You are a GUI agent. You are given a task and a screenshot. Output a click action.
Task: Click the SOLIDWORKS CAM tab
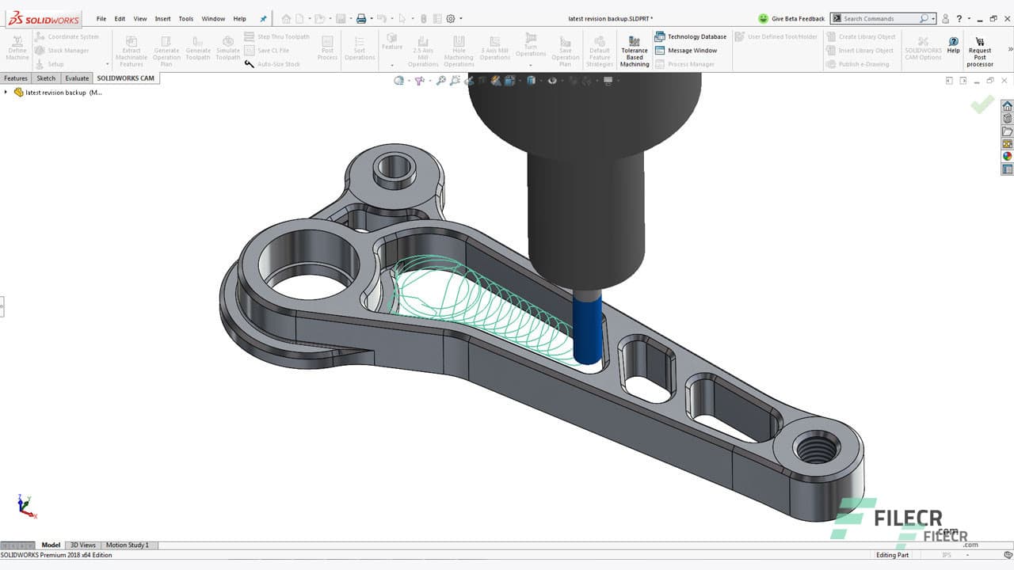[x=125, y=78]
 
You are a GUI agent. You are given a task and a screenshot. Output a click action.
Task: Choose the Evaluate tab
[x=77, y=78]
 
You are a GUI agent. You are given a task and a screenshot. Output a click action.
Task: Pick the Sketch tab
[x=46, y=78]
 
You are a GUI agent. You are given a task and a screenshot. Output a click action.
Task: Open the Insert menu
[x=162, y=18]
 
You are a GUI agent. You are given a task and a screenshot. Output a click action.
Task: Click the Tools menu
[x=185, y=18]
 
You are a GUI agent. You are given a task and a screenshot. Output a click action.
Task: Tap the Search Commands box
[x=879, y=18]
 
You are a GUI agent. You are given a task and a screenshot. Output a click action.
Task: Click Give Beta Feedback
[x=791, y=18]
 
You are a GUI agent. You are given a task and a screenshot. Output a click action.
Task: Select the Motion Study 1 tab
[x=127, y=545]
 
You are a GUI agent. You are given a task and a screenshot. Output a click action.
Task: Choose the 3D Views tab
[x=82, y=545]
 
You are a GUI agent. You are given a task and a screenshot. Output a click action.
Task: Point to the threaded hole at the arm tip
[x=817, y=449]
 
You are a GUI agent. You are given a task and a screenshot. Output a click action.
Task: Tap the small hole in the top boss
[x=394, y=167]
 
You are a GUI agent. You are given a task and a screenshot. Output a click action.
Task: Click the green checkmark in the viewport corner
[x=982, y=104]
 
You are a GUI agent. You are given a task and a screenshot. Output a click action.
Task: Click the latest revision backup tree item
[x=59, y=93]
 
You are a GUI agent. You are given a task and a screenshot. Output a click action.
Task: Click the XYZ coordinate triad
[x=26, y=506]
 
